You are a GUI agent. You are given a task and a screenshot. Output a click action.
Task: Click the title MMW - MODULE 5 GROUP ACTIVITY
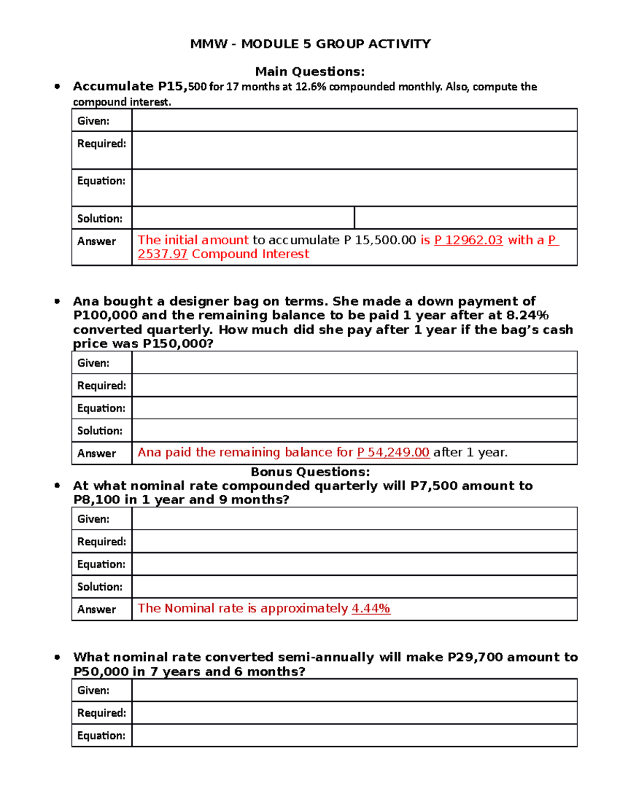pyautogui.click(x=310, y=44)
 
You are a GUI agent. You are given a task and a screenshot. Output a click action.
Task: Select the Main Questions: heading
pyautogui.click(x=310, y=71)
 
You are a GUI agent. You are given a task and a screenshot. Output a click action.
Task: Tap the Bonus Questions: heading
pyautogui.click(x=310, y=471)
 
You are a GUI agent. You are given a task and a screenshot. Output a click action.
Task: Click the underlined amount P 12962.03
pyautogui.click(x=468, y=240)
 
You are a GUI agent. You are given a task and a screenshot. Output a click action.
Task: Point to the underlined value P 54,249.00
pyautogui.click(x=393, y=452)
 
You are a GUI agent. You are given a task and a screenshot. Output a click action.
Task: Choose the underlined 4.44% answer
pyautogui.click(x=370, y=608)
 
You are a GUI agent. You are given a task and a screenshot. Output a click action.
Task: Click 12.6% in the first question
pyautogui.click(x=311, y=87)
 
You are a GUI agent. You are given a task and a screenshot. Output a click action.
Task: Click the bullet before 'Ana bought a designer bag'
pyautogui.click(x=57, y=302)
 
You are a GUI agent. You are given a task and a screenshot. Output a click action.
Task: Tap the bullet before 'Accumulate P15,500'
pyautogui.click(x=57, y=87)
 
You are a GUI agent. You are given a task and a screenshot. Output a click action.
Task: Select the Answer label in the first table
pyautogui.click(x=97, y=241)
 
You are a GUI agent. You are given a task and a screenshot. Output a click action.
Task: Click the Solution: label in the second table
pyautogui.click(x=100, y=431)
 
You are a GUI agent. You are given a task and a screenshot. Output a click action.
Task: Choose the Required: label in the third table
pyautogui.click(x=101, y=541)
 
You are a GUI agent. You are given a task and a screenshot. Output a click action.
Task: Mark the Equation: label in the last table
pyautogui.click(x=101, y=735)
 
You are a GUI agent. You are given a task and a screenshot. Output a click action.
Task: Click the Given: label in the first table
pyautogui.click(x=93, y=121)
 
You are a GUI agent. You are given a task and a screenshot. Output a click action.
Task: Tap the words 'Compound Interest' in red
pyautogui.click(x=250, y=254)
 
